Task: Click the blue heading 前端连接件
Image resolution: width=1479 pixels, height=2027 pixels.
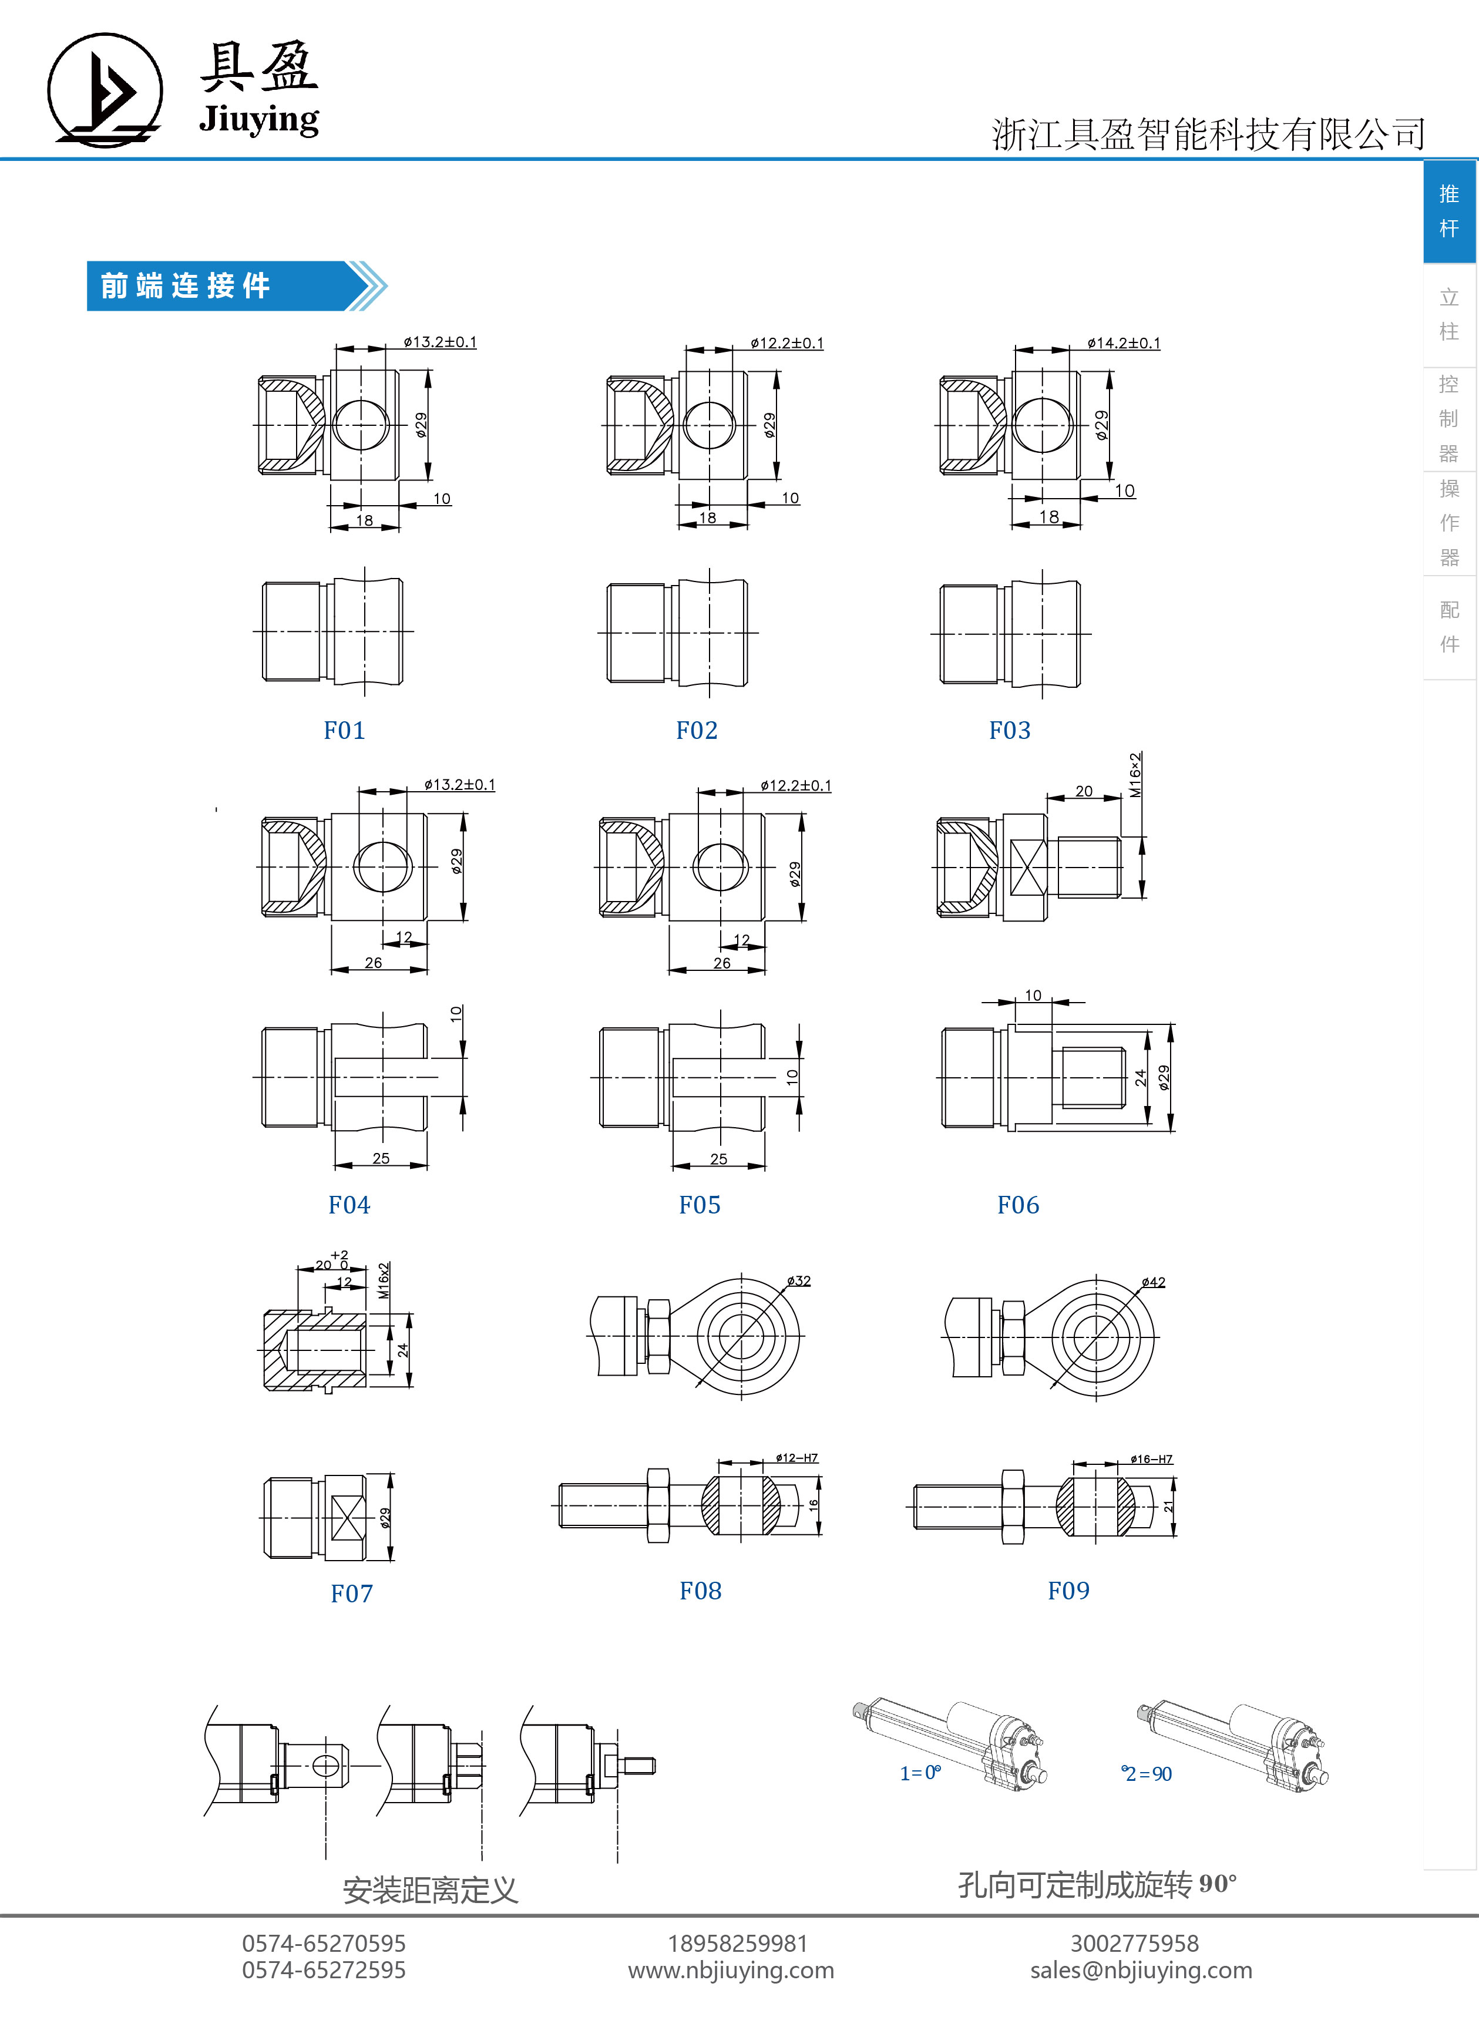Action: click(186, 287)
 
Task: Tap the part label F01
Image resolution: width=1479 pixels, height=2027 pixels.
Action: click(345, 731)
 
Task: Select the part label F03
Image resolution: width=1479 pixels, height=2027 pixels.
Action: click(1010, 731)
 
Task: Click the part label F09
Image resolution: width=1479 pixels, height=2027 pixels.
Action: click(1069, 1591)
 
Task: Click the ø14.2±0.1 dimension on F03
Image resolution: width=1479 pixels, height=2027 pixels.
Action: click(1124, 343)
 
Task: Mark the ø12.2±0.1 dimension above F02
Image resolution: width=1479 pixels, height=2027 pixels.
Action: click(787, 343)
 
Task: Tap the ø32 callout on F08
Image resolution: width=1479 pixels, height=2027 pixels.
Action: click(799, 1281)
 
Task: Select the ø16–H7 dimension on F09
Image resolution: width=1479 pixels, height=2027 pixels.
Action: click(1151, 1460)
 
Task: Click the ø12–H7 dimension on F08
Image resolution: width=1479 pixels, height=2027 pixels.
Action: click(797, 1458)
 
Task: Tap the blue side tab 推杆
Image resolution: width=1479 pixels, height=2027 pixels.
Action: click(1450, 211)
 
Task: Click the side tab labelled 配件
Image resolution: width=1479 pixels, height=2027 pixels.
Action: click(1450, 627)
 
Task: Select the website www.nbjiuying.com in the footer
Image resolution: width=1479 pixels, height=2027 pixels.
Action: click(731, 1971)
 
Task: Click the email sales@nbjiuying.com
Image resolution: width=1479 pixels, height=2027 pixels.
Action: click(1141, 1971)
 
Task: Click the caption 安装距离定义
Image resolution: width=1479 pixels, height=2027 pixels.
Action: click(431, 1891)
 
